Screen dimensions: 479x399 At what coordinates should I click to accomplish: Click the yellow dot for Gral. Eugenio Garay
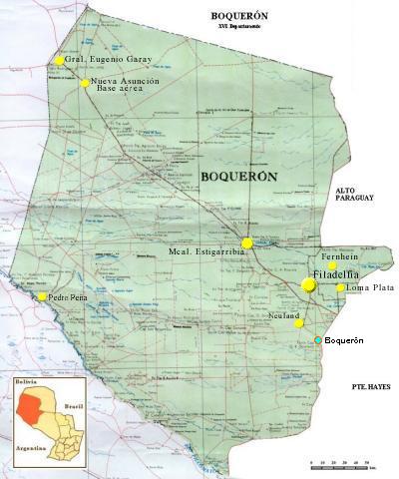60,61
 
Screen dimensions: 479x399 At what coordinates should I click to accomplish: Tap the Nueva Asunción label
124,80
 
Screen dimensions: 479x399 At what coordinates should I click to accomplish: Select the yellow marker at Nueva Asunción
85,83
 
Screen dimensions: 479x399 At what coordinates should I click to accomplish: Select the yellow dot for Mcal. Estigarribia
246,242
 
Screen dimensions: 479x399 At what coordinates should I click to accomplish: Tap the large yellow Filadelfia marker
308,285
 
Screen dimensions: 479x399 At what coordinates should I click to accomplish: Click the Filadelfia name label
335,273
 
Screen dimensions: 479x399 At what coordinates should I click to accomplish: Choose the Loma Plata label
370,288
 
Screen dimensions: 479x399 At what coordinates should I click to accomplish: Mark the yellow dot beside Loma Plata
340,288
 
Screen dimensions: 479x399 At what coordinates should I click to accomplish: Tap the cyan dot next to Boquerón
318,340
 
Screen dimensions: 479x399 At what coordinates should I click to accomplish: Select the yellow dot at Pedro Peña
43,296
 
